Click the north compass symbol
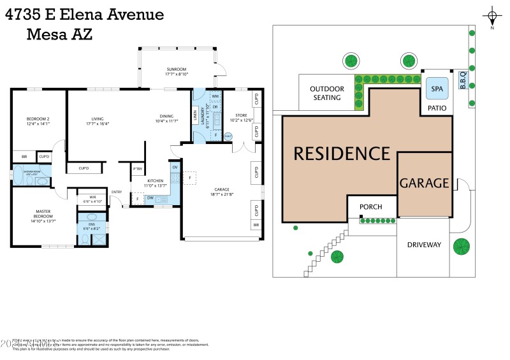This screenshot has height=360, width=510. (492, 16)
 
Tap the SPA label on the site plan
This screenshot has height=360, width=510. (437, 89)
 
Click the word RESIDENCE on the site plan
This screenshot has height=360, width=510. (341, 154)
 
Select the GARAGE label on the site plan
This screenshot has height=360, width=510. (424, 184)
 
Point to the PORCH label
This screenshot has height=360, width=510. (371, 207)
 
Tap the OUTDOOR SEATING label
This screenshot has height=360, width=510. (326, 93)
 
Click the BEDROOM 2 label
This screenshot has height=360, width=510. (38, 120)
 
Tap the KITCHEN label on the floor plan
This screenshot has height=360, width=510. (155, 181)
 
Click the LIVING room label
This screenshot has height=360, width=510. (98, 119)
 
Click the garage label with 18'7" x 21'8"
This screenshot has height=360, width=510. (219, 191)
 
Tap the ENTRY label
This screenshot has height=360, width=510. (117, 192)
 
